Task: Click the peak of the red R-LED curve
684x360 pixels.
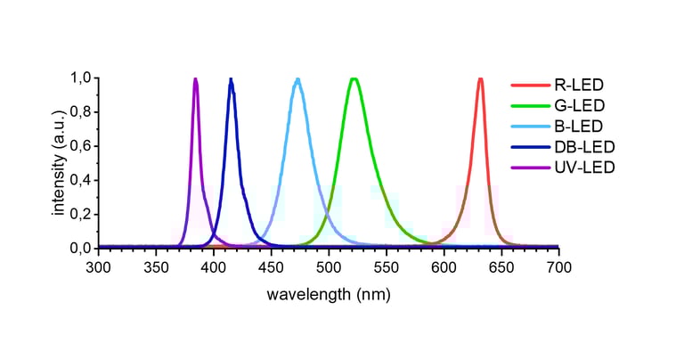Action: pos(480,79)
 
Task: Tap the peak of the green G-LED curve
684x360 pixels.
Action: pos(354,79)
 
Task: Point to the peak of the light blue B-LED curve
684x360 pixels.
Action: pos(297,79)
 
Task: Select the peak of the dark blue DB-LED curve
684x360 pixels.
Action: pos(231,79)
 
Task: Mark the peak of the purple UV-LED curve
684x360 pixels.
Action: pos(195,79)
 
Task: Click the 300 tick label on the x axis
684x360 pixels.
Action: pos(98,266)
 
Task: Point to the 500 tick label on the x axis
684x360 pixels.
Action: pos(329,266)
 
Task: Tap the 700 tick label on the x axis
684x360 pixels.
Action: pos(558,266)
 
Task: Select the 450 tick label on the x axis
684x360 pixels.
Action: pos(271,266)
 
